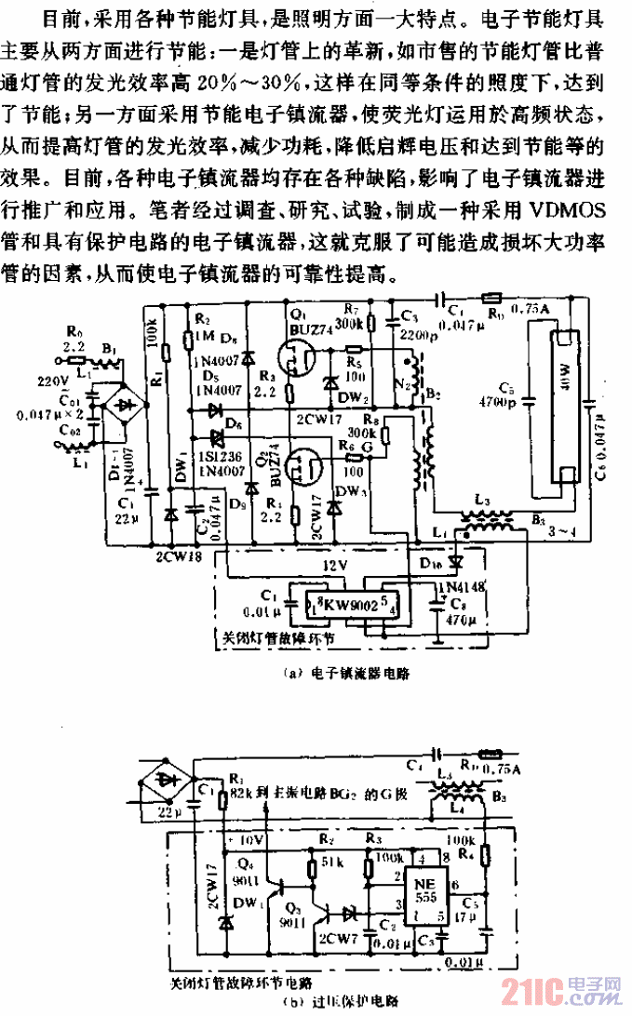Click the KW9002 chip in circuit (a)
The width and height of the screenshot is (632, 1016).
click(x=336, y=604)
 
